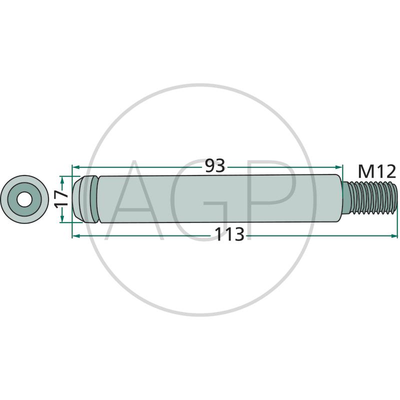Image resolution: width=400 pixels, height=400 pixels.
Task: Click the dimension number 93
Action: [x=215, y=166]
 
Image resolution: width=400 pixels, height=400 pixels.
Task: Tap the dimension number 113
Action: [x=229, y=234]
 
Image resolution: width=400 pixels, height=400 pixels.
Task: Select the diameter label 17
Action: [x=61, y=199]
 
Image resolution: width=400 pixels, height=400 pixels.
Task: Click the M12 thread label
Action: [x=377, y=171]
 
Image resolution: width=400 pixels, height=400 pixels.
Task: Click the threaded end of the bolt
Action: [x=369, y=198]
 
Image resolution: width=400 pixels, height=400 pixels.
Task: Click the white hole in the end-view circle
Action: [x=24, y=199]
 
